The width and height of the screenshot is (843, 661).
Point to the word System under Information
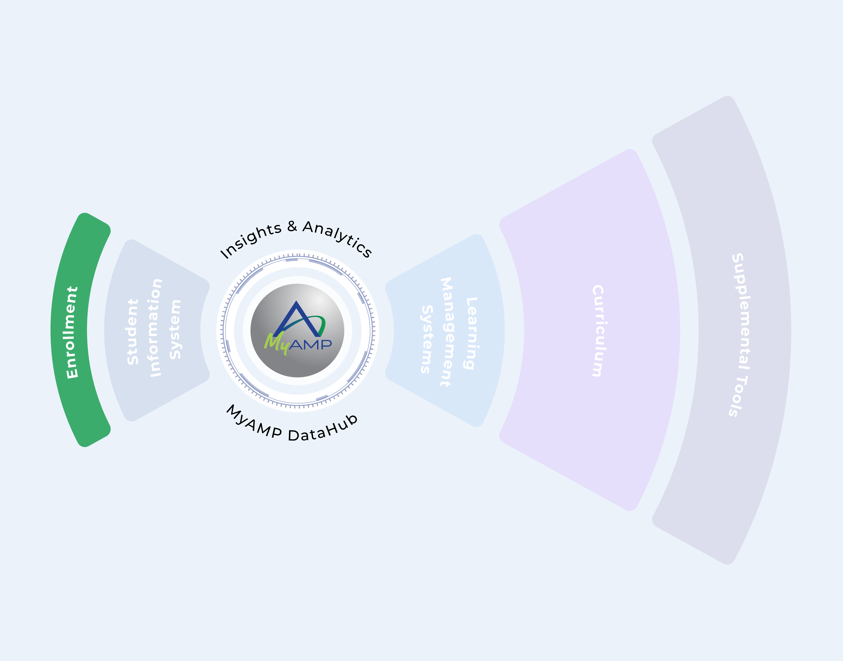[x=175, y=329]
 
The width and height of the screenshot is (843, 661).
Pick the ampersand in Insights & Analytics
[x=292, y=226]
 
